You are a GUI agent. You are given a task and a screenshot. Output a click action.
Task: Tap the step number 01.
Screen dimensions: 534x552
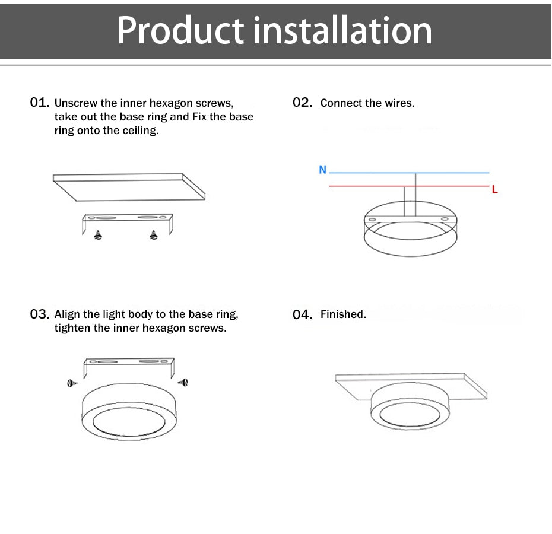(39, 103)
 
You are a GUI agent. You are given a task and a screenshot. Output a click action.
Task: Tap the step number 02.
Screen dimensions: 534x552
(302, 103)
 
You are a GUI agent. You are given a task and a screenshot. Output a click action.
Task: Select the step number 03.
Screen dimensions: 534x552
(39, 314)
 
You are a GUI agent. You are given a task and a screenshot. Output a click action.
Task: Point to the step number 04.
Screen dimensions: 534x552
(302, 314)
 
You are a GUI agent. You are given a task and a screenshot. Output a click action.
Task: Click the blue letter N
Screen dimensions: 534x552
(322, 170)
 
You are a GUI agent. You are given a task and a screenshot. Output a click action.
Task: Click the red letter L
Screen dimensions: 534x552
(494, 190)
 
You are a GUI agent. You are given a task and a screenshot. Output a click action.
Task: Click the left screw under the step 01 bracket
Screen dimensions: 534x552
(98, 235)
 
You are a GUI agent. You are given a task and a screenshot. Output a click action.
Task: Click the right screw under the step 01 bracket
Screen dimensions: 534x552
(154, 235)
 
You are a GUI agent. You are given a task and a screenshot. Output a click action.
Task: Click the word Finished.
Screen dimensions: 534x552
(343, 314)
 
